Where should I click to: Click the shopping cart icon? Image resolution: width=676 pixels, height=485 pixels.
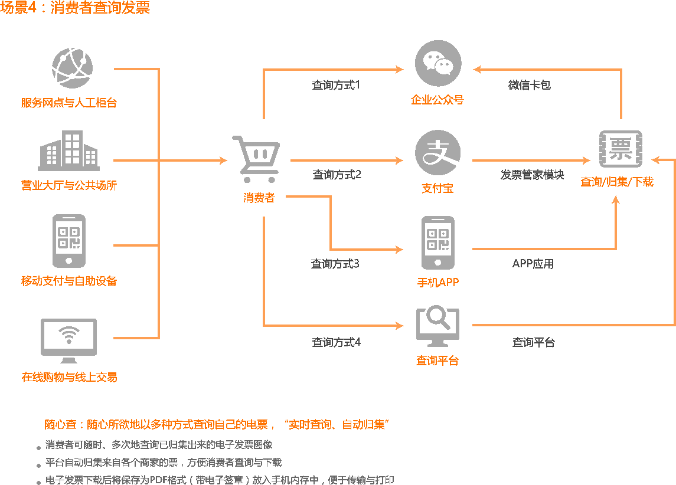[x=255, y=159]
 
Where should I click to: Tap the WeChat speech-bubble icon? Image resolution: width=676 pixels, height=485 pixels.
[x=437, y=64]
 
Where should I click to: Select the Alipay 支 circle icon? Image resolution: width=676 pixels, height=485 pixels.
[x=437, y=153]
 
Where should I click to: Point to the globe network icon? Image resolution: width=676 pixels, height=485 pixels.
[x=71, y=67]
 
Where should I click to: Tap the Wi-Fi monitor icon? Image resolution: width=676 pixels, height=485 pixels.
[x=68, y=340]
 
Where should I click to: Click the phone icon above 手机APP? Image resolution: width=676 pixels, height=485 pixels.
[x=437, y=242]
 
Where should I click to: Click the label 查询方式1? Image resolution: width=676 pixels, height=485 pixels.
[x=335, y=85]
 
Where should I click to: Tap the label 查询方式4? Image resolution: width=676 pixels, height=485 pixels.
[x=336, y=342]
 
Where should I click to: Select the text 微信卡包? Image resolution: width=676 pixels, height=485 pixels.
[x=529, y=85]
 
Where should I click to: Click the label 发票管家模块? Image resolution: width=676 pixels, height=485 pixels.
[x=532, y=175]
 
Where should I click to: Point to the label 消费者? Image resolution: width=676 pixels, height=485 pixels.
[x=259, y=198]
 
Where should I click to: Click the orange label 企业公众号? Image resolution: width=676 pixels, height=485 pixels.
[x=437, y=100]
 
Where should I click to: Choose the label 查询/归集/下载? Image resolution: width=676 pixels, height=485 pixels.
[x=616, y=182]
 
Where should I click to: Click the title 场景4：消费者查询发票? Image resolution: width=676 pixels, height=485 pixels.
[x=76, y=8]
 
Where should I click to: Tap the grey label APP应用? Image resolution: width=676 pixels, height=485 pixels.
[x=533, y=264]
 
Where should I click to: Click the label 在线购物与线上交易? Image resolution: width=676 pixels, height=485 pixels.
[x=69, y=377]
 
